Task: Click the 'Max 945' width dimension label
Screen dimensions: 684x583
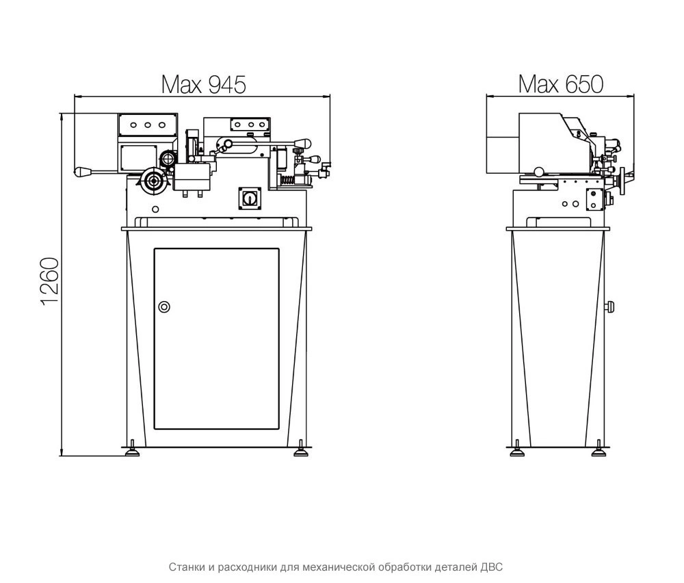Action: click(x=204, y=85)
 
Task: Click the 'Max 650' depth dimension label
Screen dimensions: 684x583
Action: click(x=561, y=83)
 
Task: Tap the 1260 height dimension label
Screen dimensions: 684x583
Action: click(x=50, y=281)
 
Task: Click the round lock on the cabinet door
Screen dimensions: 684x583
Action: click(x=163, y=307)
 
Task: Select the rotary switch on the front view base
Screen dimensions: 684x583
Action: click(x=249, y=198)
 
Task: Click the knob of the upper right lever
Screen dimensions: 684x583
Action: click(x=303, y=142)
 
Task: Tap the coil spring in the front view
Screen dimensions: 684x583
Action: click(x=289, y=179)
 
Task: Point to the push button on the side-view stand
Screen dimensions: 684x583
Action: click(x=610, y=307)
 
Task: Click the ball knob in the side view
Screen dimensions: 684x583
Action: click(x=539, y=172)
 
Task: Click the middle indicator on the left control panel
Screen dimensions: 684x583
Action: click(x=148, y=125)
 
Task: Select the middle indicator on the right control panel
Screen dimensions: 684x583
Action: click(x=251, y=125)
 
